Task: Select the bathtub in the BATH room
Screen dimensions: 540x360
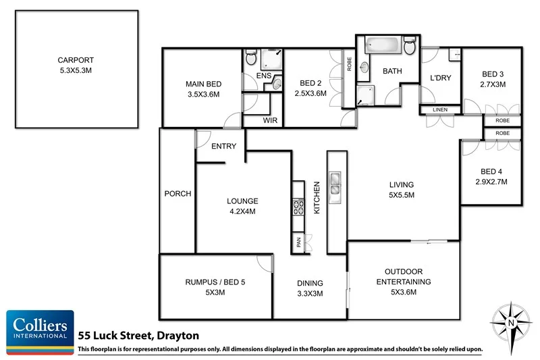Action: (x=383, y=47)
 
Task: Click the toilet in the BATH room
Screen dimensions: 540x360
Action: (x=410, y=47)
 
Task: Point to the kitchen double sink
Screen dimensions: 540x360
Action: (x=335, y=184)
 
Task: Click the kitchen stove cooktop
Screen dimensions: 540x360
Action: (x=297, y=207)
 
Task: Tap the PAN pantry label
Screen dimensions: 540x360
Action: (x=298, y=242)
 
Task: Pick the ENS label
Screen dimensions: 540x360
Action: (x=264, y=76)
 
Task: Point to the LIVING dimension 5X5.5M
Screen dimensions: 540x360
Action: (x=400, y=195)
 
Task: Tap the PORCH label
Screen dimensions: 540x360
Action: (x=178, y=194)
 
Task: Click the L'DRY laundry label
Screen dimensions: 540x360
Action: (x=440, y=78)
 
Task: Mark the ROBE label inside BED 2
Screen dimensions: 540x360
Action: (x=348, y=65)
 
